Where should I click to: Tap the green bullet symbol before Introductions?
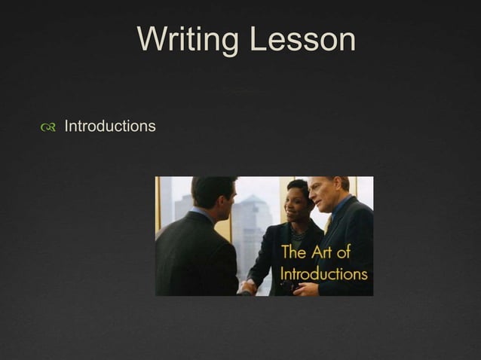tap(49, 127)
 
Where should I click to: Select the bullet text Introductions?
tap(110, 126)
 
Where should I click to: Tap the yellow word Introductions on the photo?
tap(324, 273)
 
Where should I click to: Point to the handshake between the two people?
tap(249, 286)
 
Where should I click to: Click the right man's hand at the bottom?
tap(304, 288)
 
